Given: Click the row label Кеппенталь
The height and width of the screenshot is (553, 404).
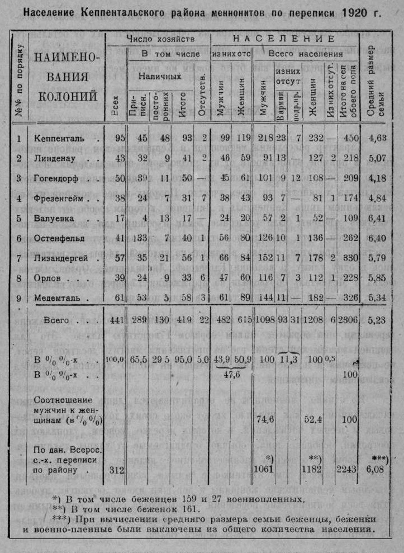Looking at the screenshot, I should click(x=59, y=138).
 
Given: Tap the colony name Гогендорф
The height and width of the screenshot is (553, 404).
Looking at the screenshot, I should click(x=59, y=178).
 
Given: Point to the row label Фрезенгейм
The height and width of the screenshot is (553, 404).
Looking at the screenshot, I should click(x=61, y=198).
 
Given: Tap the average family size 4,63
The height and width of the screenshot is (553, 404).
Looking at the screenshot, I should click(x=378, y=138).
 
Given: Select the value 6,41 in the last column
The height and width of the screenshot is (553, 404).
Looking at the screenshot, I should click(x=378, y=219).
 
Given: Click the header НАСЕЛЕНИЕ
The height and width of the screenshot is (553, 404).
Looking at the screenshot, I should click(x=284, y=39).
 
